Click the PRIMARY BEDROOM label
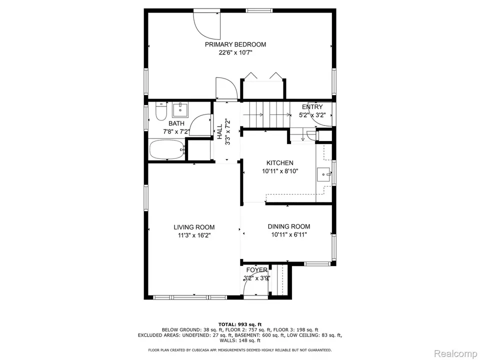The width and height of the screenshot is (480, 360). click(235, 44)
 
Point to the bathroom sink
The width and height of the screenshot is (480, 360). click(179, 109)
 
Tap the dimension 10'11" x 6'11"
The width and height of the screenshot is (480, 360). click(288, 234)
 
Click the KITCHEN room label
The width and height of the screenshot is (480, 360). click(279, 163)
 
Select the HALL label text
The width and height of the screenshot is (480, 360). click(219, 132)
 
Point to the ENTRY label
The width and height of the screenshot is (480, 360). click(312, 107)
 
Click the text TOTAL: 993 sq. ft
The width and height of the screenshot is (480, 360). click(239, 324)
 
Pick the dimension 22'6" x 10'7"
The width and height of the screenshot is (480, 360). click(235, 52)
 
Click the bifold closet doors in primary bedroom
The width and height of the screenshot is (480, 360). click(263, 77)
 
